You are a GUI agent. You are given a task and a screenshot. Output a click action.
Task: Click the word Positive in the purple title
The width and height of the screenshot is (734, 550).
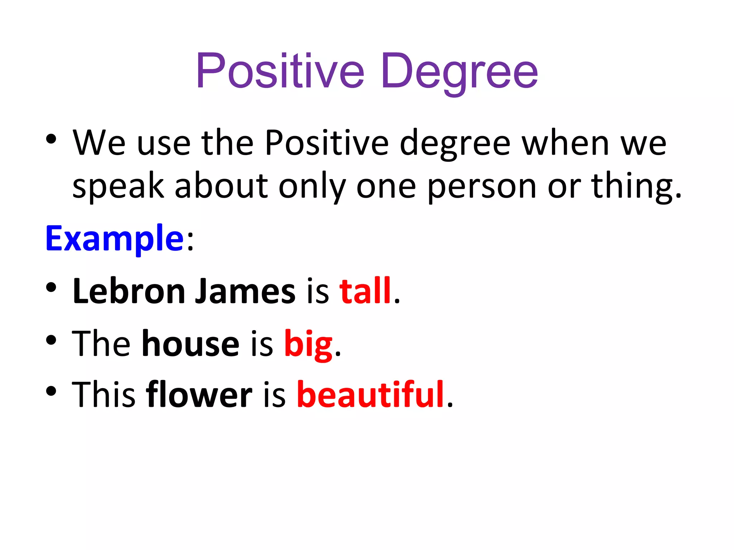[x=280, y=71]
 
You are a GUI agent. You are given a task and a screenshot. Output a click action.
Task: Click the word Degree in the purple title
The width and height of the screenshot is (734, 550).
[x=459, y=71]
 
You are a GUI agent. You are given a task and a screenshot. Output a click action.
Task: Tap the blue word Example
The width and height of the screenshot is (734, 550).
[x=114, y=238]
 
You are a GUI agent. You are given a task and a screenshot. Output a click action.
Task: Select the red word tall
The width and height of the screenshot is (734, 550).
[x=365, y=291]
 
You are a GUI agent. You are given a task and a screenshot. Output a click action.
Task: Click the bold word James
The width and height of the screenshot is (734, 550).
[x=245, y=291]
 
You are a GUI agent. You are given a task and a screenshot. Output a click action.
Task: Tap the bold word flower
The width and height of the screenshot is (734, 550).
[x=199, y=395]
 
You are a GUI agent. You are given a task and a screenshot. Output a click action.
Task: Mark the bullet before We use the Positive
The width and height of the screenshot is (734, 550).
[x=51, y=139]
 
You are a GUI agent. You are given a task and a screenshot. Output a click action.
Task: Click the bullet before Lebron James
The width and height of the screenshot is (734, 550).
[x=51, y=287]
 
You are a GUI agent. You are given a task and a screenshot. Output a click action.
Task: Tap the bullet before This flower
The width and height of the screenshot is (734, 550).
[x=51, y=391]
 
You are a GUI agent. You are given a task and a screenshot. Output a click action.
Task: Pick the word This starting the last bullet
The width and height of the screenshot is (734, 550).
[x=104, y=395]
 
